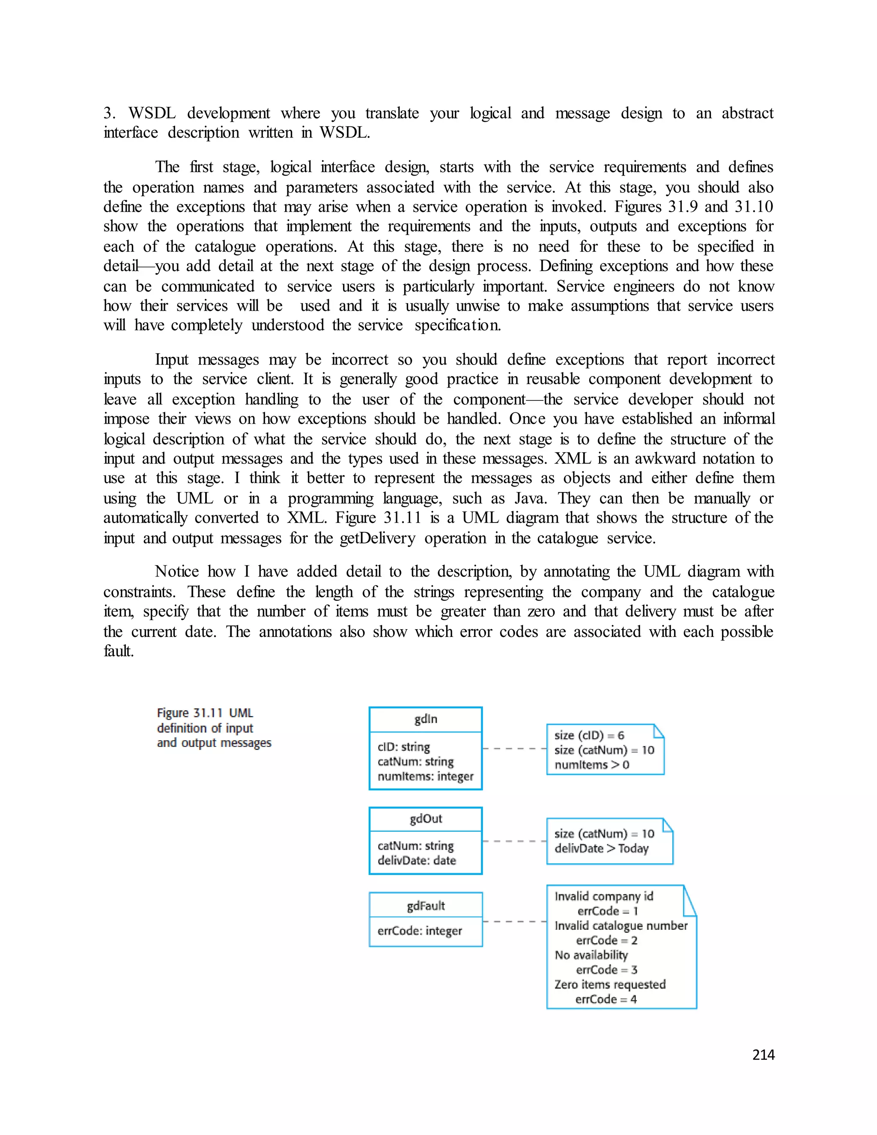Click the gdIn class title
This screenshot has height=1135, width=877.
tap(426, 719)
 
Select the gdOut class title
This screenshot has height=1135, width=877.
tap(426, 819)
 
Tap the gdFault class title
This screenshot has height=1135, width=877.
tap(426, 906)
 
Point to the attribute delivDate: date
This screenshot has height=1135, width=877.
tap(417, 860)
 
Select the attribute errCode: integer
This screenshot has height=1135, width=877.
tap(419, 931)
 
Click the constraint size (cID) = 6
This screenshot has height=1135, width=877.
tap(589, 735)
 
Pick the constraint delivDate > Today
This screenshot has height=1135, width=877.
tap(601, 848)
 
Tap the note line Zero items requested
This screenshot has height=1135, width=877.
tap(609, 985)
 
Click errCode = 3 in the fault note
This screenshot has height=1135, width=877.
tap(606, 970)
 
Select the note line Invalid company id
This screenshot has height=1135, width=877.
tap(604, 896)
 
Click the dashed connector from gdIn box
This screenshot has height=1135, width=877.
tap(514, 748)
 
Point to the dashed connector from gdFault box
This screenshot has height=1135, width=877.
tap(514, 921)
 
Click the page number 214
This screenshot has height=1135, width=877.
tap(763, 1055)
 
